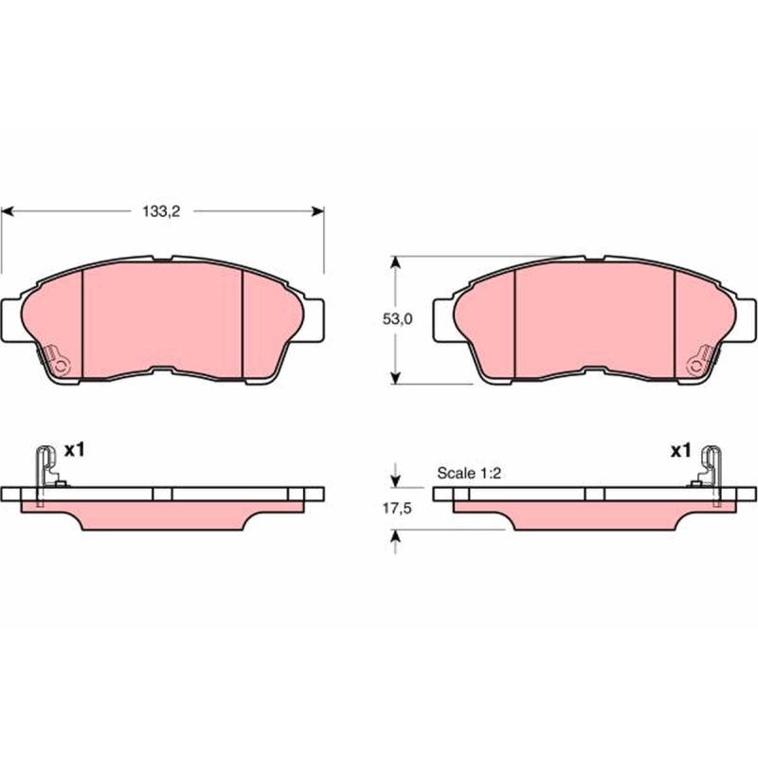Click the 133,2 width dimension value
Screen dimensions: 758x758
pyautogui.click(x=161, y=211)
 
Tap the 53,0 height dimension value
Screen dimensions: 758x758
pyautogui.click(x=397, y=319)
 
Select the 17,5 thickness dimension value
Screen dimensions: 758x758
pyautogui.click(x=397, y=508)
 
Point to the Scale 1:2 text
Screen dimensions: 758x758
pyautogui.click(x=468, y=473)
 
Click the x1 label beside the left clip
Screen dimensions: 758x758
pyautogui.click(x=75, y=451)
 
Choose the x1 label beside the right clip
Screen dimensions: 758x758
pyautogui.click(x=680, y=452)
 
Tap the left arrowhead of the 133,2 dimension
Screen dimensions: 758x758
pyautogui.click(x=9, y=211)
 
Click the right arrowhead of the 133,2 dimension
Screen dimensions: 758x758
pyautogui.click(x=317, y=211)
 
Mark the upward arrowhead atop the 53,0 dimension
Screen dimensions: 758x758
pyautogui.click(x=396, y=262)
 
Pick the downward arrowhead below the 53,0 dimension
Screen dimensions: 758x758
pyautogui.click(x=396, y=378)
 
